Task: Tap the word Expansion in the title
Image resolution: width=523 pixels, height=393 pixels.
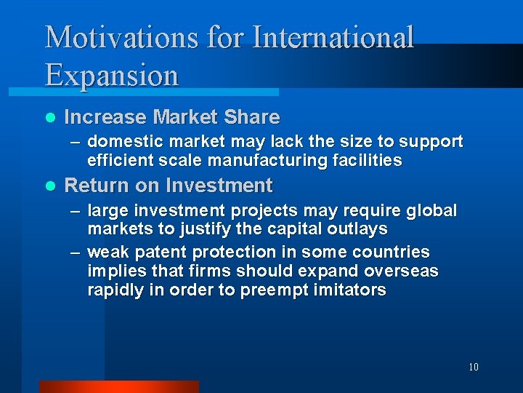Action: (111, 76)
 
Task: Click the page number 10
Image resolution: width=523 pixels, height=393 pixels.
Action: (473, 367)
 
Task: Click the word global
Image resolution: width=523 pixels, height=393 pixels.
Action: (433, 211)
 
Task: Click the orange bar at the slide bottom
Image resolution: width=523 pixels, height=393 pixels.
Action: (118, 386)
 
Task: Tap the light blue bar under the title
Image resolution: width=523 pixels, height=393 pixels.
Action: (143, 92)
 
